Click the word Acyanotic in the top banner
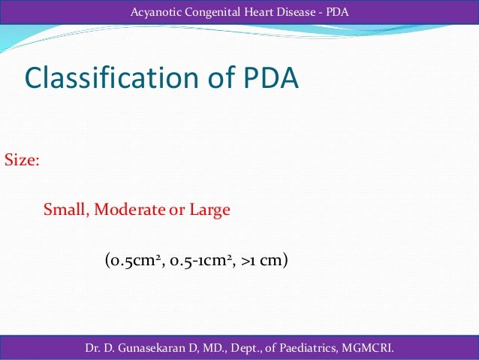pyautogui.click(x=154, y=11)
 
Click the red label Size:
pyautogui.click(x=23, y=160)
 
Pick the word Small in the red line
pyautogui.click(x=65, y=210)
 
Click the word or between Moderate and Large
pyautogui.click(x=177, y=210)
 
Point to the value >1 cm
pyautogui.click(x=266, y=262)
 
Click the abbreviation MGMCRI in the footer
pyautogui.click(x=368, y=348)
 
